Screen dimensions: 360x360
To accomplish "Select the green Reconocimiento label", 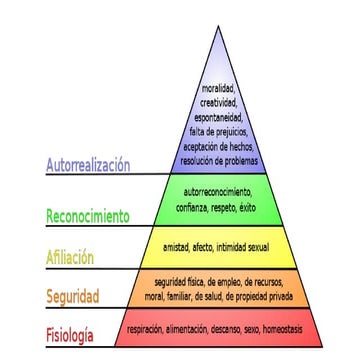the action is pos(88,216).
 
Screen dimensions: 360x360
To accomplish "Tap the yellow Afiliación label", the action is pos(70,257).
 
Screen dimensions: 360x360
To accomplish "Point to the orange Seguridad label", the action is pos(73,297).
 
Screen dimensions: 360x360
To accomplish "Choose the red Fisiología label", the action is pos(70,334).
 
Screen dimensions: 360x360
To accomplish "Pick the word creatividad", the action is pos(217,102).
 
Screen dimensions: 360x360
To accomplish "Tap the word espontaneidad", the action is pos(217,116).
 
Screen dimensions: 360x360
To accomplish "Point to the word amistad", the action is pos(178,244).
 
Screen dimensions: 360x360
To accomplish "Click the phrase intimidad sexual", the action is pos(246,244).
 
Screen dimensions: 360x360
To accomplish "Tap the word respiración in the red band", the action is pos(147,327).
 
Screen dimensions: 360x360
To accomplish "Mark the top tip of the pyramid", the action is pos(218,25).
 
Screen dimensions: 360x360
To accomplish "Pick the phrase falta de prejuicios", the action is pos(218,130).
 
